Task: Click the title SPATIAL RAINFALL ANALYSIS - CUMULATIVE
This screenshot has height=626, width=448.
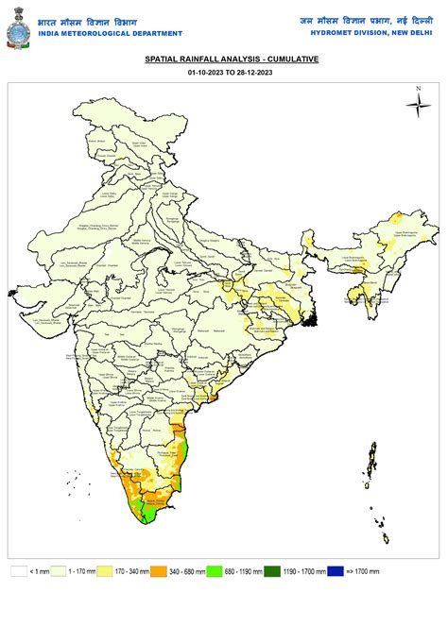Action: tap(232, 59)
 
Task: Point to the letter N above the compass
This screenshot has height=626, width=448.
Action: tap(417, 89)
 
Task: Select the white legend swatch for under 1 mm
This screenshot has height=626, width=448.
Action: tap(19, 571)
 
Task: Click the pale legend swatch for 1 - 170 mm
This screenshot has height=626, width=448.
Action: tap(59, 571)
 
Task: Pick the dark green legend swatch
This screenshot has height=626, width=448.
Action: tap(271, 571)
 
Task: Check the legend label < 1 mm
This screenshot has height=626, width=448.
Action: tap(38, 571)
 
